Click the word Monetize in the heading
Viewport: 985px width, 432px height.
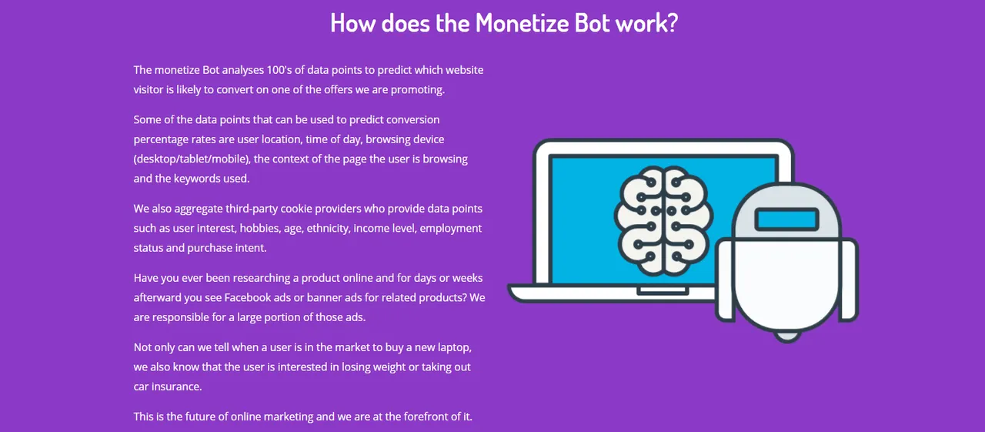[x=522, y=22]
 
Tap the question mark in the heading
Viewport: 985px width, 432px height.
[x=673, y=22]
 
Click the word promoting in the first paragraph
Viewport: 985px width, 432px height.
[x=418, y=90]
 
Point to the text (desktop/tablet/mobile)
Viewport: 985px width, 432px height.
[x=192, y=159]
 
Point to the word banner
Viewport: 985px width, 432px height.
[x=324, y=298]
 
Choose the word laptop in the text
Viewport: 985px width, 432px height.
[x=454, y=347]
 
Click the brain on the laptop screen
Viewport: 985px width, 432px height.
[x=663, y=220]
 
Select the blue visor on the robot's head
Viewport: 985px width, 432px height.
[x=786, y=219]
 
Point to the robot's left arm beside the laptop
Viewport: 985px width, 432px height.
[x=725, y=280]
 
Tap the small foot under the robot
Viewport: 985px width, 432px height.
[x=787, y=337]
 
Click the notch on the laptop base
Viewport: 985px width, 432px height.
[x=663, y=291]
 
